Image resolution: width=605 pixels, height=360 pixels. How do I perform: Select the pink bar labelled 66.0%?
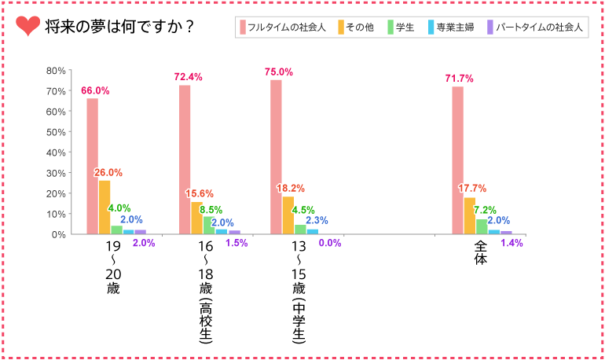(93, 166)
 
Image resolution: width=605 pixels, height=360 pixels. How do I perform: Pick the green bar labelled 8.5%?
(209, 226)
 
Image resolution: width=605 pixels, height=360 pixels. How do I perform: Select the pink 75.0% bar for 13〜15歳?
(276, 157)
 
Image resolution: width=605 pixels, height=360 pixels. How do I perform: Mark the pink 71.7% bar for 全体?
(457, 160)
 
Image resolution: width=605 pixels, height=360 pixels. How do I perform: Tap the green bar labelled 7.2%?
(482, 226)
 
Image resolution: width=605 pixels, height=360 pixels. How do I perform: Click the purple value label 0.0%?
(329, 244)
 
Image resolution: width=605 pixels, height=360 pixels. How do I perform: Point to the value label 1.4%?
(511, 244)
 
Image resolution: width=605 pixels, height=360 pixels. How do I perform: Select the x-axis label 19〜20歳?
(114, 268)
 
